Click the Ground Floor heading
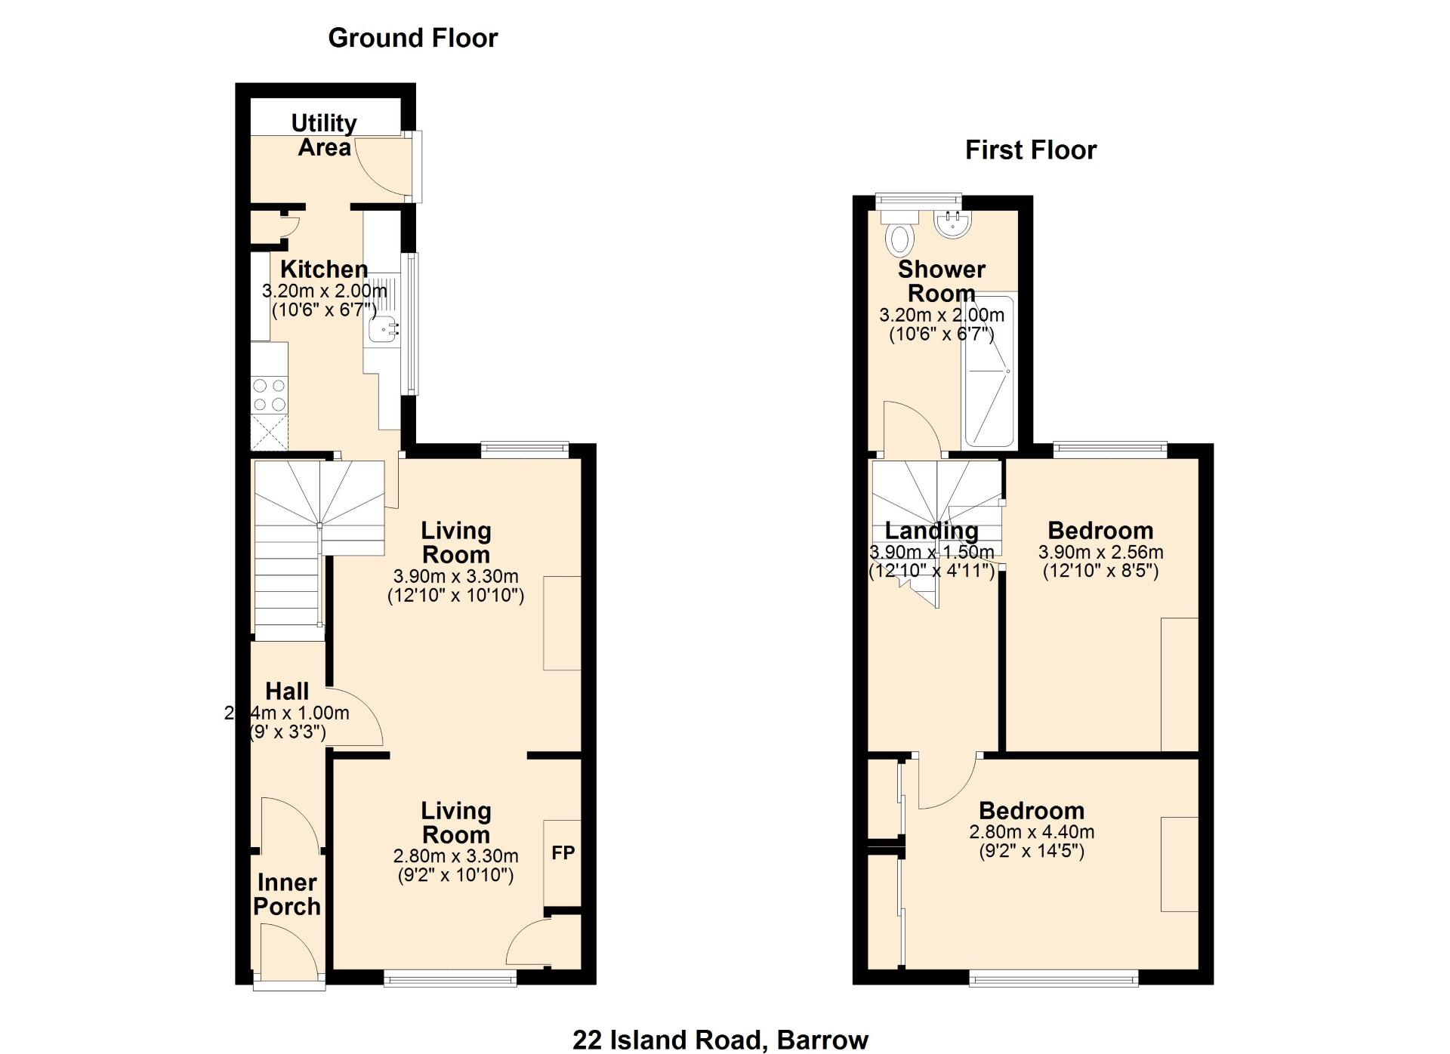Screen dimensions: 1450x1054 (413, 38)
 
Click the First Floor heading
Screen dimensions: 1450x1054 (1031, 150)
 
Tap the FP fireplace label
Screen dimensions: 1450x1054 (563, 853)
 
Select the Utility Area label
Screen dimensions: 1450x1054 (324, 135)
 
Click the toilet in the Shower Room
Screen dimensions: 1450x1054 (899, 233)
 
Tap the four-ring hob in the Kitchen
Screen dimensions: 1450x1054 (270, 395)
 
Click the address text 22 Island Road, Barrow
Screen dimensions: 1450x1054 (720, 1040)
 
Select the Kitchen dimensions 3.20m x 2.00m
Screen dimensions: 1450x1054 (324, 291)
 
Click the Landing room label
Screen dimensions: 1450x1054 (931, 531)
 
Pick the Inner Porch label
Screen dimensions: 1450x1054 (287, 894)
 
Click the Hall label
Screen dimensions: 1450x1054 (287, 691)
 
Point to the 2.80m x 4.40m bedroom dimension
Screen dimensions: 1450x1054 (1032, 832)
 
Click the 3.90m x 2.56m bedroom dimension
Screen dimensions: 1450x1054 (1100, 552)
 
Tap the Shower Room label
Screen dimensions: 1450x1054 (942, 281)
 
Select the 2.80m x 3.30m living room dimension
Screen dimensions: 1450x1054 (455, 856)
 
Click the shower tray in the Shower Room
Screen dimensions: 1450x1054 (989, 370)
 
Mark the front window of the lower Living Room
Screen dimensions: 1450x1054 (450, 980)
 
